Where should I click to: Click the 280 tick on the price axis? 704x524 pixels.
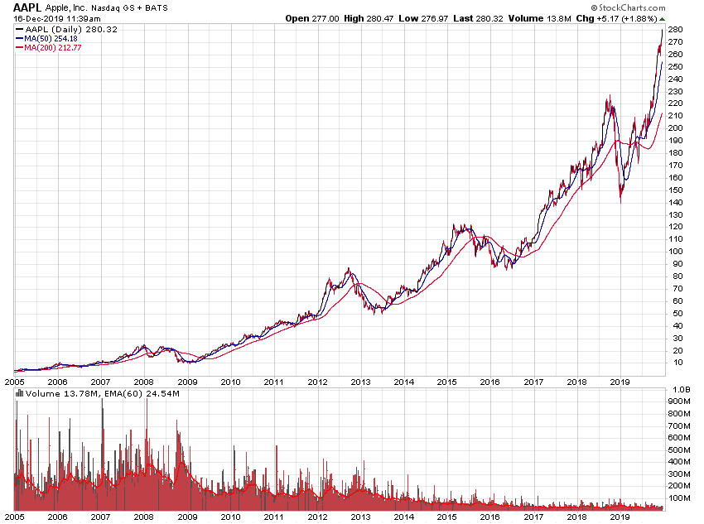(675, 30)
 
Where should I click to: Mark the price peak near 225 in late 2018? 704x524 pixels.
(608, 97)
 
